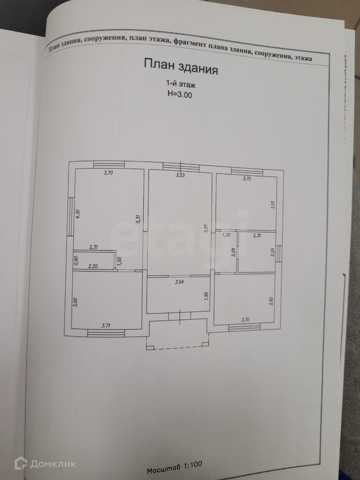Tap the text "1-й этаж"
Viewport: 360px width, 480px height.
[181, 84]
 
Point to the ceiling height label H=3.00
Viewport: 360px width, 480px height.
[180, 95]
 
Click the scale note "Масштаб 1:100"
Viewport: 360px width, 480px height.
[174, 467]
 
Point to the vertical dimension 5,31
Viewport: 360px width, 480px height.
[138, 219]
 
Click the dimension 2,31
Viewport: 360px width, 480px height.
[93, 247]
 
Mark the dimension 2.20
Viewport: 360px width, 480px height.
[93, 266]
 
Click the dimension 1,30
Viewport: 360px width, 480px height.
[226, 235]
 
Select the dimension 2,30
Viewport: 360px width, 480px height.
[257, 235]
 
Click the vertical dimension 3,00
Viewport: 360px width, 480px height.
[75, 302]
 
